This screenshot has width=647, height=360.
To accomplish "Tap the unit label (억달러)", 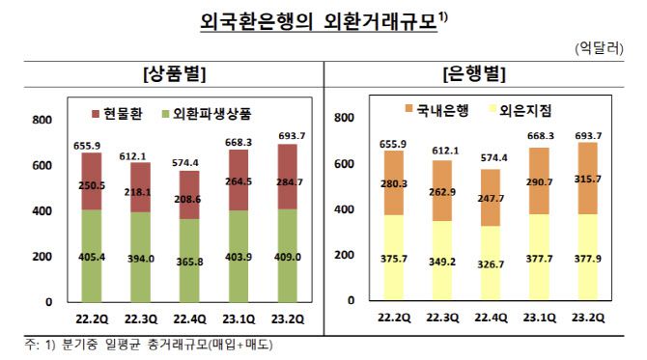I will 599,45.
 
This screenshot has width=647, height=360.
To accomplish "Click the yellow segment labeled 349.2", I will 444,261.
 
